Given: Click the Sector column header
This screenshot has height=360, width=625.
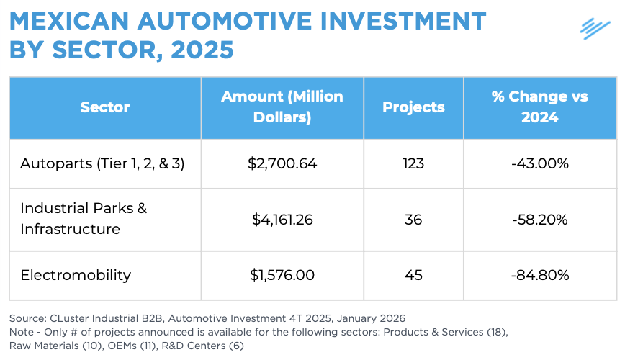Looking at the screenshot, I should (105, 107).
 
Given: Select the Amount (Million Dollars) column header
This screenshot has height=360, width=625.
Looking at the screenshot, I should (282, 107).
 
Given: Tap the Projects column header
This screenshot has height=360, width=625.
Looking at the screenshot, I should (413, 107).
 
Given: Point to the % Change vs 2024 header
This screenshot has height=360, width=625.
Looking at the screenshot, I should (540, 107).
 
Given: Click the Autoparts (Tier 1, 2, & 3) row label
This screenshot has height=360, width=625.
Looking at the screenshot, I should (102, 163).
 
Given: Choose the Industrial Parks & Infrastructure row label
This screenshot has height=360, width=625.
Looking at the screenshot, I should (83, 219).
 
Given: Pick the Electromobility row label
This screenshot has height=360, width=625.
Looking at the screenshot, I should (76, 275).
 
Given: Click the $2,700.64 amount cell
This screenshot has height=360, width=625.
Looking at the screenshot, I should (282, 163).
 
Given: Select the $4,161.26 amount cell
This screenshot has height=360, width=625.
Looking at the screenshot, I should (282, 220).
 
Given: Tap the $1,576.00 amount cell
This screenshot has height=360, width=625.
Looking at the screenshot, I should (282, 275).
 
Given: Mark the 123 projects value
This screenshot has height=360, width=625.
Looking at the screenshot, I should (413, 163).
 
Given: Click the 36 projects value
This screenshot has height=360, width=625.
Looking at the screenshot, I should (413, 220).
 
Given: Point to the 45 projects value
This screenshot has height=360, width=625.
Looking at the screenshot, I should (413, 275).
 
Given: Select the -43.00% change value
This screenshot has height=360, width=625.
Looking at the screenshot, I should (540, 163).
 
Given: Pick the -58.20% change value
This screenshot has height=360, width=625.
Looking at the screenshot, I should (540, 220).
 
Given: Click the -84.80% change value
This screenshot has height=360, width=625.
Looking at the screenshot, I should (540, 275).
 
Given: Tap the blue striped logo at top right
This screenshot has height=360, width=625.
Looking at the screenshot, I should (595, 28).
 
